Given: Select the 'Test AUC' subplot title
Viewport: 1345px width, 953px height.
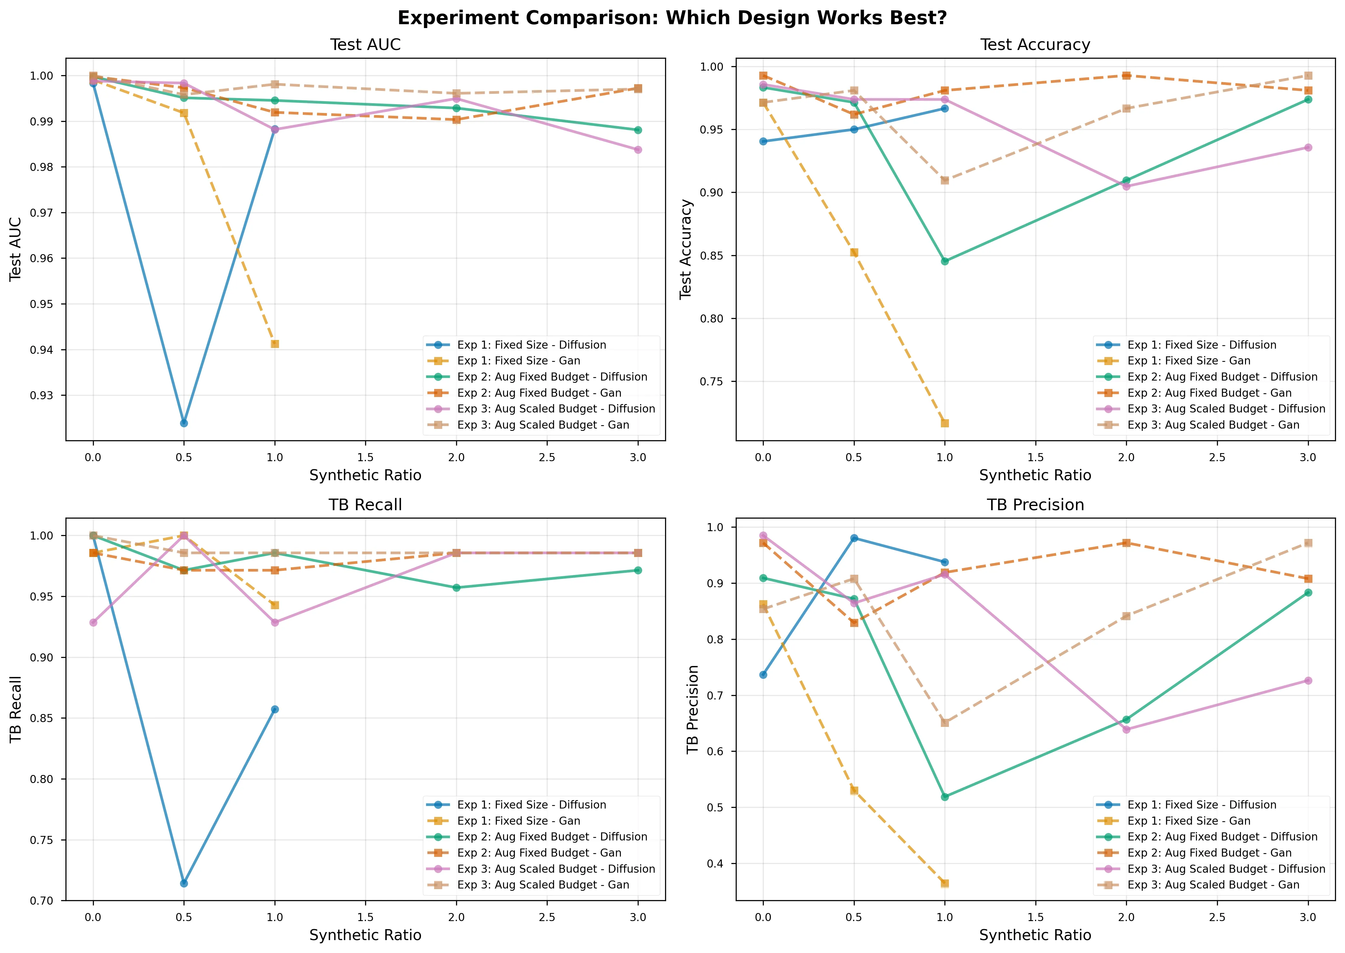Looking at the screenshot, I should point(365,45).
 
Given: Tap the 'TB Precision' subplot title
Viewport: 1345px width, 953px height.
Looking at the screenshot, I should point(1035,505).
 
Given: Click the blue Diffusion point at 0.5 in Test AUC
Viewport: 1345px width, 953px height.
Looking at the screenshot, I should point(184,423).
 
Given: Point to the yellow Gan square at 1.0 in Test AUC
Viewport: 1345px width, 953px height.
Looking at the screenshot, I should point(274,344).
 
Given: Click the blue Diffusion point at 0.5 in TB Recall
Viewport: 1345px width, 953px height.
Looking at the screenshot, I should point(184,883).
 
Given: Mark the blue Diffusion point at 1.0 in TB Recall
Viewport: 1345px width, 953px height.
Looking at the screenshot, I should point(274,710).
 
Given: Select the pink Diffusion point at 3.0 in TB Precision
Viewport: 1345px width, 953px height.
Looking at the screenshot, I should point(1308,681).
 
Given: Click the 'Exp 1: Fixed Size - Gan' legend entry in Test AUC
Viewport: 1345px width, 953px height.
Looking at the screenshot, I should point(518,361).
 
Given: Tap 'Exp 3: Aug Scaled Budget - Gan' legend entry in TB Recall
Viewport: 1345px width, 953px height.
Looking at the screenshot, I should point(543,885).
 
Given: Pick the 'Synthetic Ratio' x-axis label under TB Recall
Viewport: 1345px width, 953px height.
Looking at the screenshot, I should point(365,935).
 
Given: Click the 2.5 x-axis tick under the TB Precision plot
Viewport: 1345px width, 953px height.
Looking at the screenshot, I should point(1217,917).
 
